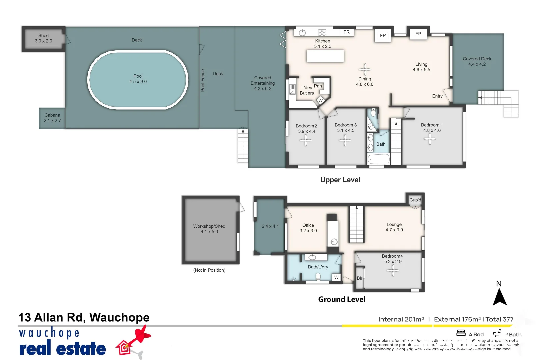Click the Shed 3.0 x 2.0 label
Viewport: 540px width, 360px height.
coord(43,38)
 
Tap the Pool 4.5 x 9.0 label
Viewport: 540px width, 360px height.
coord(138,79)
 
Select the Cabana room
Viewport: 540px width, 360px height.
coord(52,118)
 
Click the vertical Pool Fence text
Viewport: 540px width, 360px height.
coord(203,80)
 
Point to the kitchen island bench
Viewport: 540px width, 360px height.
coord(325,56)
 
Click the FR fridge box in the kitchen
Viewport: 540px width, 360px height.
coord(347,32)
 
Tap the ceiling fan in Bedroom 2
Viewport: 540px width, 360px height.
coord(306,140)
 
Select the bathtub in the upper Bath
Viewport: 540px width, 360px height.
coord(379,159)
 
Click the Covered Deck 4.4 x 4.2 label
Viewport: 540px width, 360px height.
coord(477,62)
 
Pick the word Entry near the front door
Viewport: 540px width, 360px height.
coord(437,96)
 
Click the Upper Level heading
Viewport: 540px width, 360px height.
coord(340,180)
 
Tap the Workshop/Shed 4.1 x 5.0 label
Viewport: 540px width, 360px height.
coord(209,229)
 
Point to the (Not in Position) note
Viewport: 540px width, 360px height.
coord(209,270)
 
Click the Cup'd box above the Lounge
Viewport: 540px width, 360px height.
coord(415,200)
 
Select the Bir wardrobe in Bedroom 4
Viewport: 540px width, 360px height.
coord(360,278)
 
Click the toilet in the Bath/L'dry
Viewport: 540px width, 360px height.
coord(318,277)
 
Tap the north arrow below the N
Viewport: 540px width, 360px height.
coord(500,297)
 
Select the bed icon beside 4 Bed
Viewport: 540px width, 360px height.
coord(461,333)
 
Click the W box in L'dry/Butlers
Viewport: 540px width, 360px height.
coord(321,100)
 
